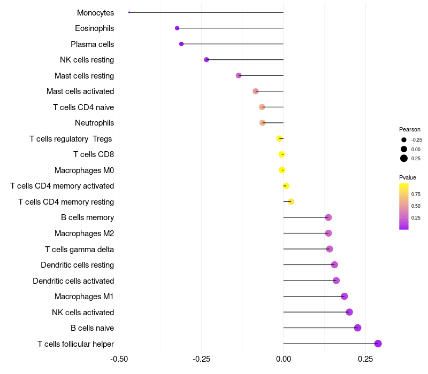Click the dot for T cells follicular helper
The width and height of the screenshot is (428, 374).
378,344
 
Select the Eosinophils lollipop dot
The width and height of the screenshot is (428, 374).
177,28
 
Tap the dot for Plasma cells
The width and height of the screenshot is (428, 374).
181,44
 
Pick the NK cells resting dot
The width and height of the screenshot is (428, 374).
207,60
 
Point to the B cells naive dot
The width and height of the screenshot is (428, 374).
358,328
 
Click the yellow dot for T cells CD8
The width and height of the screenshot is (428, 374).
282,154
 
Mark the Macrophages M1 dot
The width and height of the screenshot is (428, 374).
345,297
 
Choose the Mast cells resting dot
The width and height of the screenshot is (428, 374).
239,75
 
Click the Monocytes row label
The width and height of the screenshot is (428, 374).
95,13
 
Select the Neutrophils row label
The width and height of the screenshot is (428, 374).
94,123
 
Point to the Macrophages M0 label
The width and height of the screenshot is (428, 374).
84,170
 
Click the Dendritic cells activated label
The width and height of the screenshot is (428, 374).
73,281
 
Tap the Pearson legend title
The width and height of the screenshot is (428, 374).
410,129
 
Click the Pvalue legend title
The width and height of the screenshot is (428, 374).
408,177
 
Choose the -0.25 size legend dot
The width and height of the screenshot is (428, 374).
404,140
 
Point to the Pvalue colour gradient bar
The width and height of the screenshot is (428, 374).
404,206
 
